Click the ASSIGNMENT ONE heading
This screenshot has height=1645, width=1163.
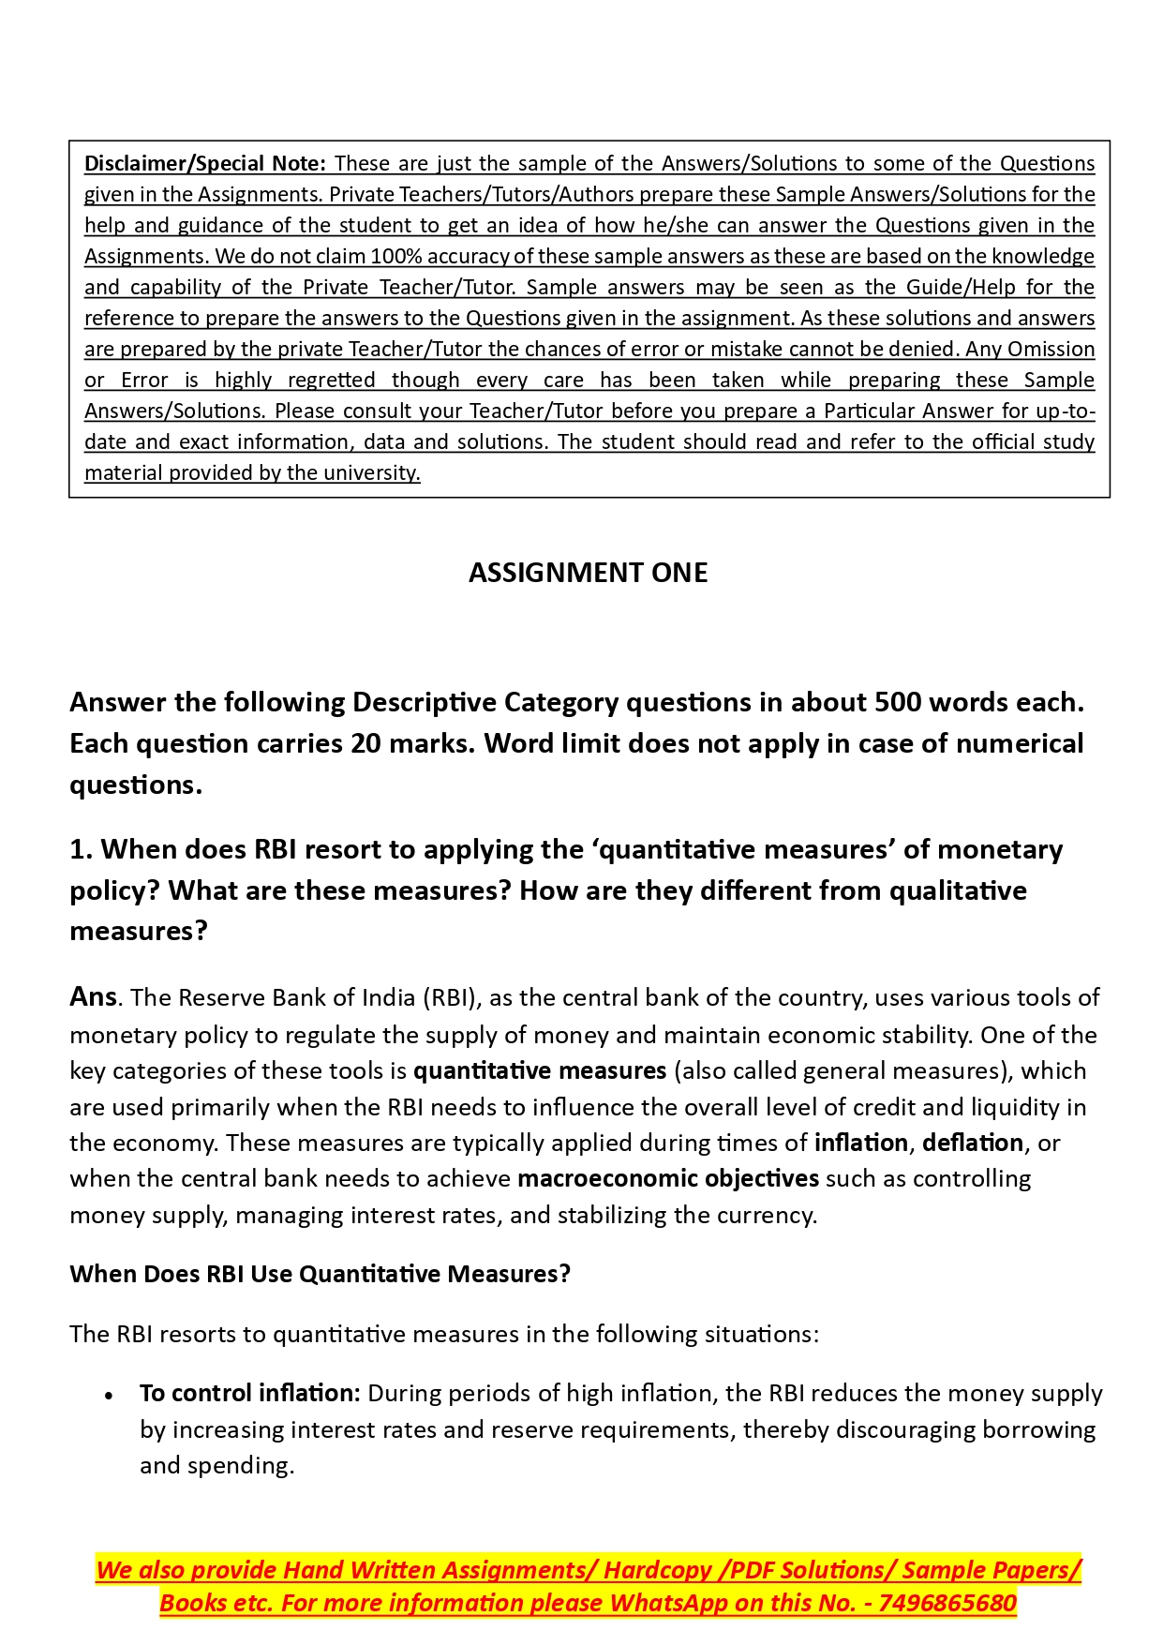tap(588, 573)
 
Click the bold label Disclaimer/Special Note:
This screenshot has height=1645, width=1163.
tap(205, 163)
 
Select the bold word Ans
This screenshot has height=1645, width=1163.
tap(93, 996)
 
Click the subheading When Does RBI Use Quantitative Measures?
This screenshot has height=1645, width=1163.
tap(320, 1274)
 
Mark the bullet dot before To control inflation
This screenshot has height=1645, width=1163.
tap(110, 1396)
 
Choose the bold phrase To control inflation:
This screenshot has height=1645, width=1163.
tap(249, 1394)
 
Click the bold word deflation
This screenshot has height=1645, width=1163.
tap(972, 1143)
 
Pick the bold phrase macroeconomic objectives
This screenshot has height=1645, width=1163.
tap(668, 1178)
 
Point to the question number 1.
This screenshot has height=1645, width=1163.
tap(79, 849)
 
